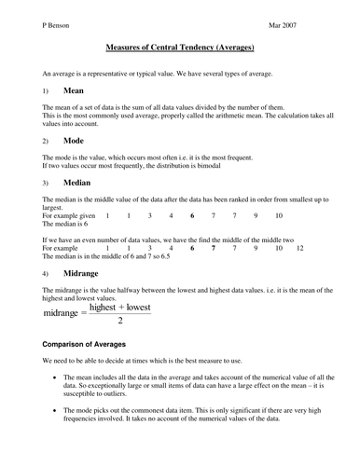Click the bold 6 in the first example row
pyautogui.click(x=191, y=215)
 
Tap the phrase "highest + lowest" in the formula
pyautogui.click(x=120, y=306)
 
